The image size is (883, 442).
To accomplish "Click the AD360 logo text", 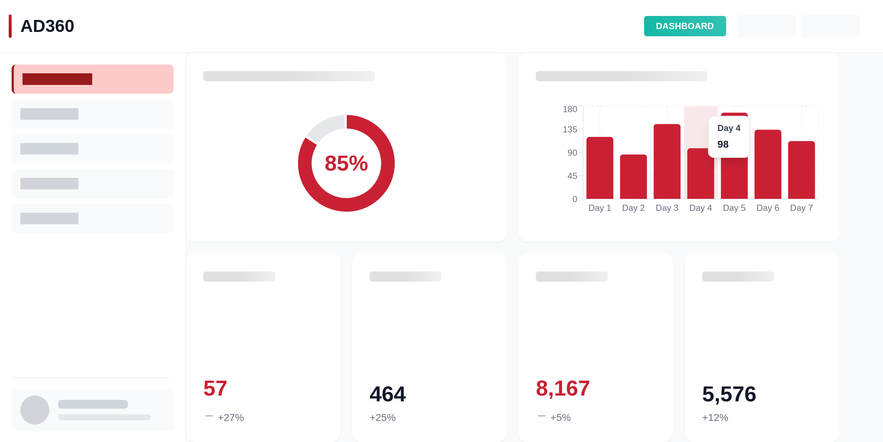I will [47, 26].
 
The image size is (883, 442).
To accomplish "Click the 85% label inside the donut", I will [346, 163].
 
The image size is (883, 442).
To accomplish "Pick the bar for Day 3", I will [667, 161].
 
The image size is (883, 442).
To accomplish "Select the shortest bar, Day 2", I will [633, 177].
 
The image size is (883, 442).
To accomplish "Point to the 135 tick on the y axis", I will [570, 130].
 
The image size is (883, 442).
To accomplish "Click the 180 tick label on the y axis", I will [570, 109].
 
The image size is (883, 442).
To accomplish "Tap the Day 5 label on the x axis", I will [734, 208].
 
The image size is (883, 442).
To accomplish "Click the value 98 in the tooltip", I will [723, 144].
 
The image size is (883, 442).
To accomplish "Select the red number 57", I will [215, 388].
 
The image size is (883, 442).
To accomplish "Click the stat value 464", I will [387, 394].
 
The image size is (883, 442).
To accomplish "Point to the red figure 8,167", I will [563, 388].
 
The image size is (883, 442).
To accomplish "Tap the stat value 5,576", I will [729, 394].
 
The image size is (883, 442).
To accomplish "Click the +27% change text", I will [231, 418].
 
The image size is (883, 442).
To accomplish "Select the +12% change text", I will [715, 418].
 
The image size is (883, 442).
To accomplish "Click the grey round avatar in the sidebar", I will [35, 410].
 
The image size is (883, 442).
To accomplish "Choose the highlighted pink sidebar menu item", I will [93, 79].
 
